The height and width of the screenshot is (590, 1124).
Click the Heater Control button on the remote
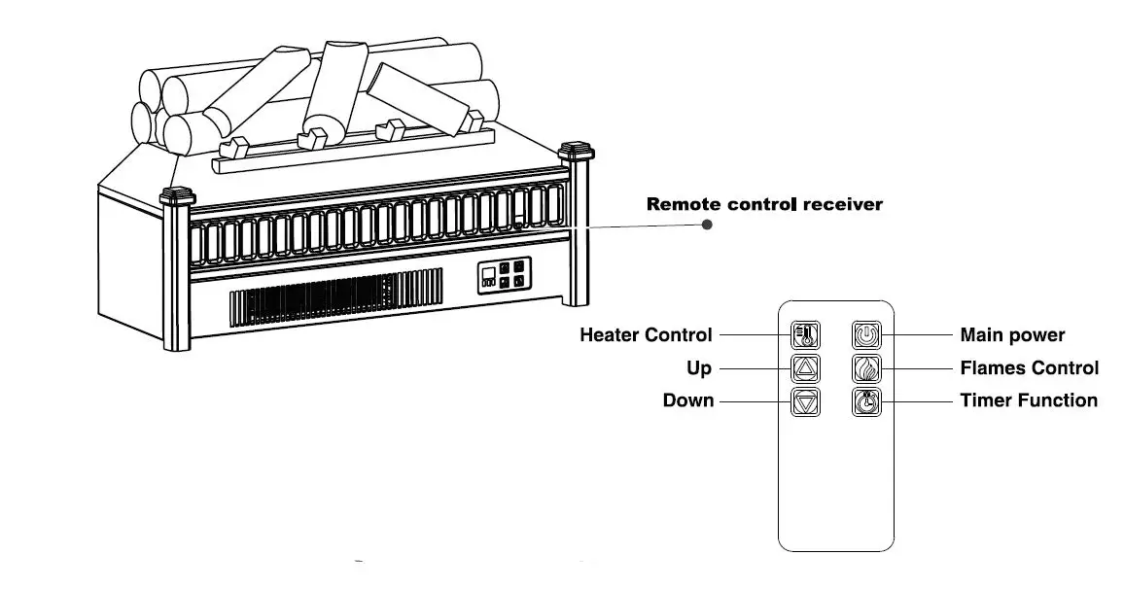point(805,335)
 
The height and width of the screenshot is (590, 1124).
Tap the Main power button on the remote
point(866,335)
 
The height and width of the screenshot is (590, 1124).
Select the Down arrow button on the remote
point(805,401)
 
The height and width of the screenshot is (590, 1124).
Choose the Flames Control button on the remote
point(866,368)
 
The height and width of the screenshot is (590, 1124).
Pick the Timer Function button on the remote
point(866,401)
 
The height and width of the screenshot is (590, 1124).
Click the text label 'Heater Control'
point(646,335)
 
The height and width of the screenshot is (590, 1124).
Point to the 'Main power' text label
point(1012,335)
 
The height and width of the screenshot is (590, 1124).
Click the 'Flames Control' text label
point(1029,368)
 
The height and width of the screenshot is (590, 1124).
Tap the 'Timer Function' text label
point(1029,400)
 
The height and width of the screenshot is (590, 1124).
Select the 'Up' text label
point(699,368)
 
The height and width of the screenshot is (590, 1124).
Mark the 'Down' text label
point(688,400)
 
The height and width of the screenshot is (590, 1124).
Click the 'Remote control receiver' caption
point(764,205)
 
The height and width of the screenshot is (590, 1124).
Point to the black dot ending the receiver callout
point(707,225)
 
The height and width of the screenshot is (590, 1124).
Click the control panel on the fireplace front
point(505,276)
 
